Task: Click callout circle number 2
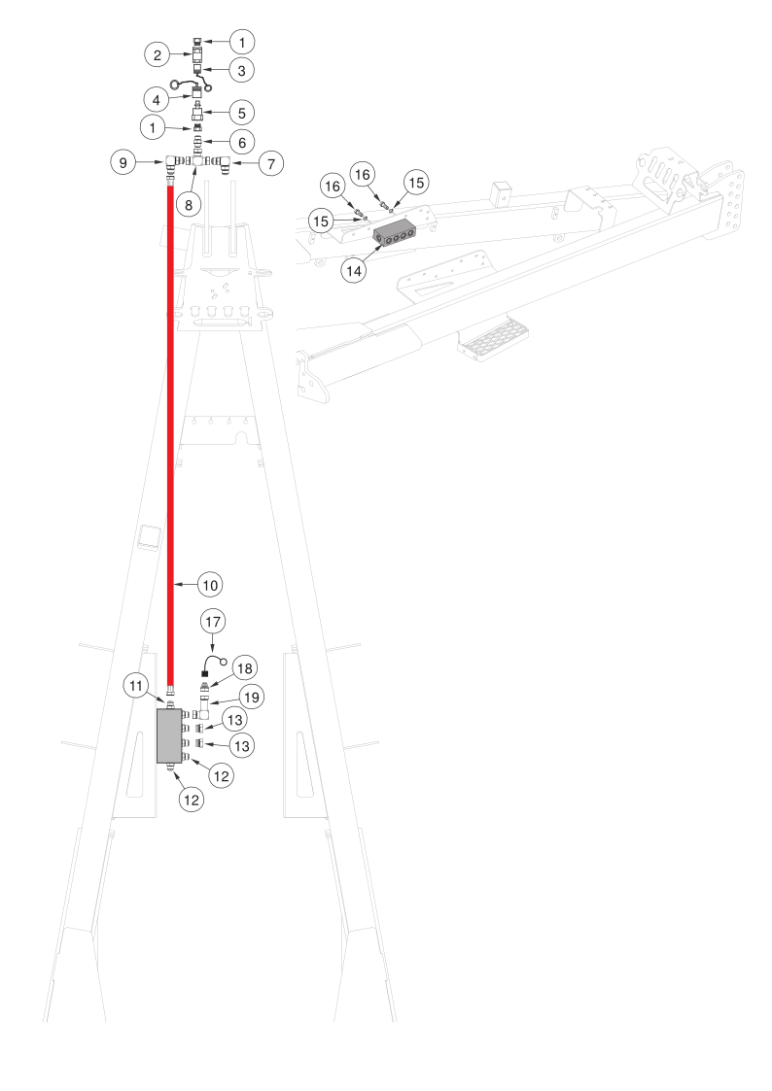158,55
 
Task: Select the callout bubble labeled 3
242,70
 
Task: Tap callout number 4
158,99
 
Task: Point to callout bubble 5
242,112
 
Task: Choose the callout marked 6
242,140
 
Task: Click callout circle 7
270,162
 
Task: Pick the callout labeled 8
189,204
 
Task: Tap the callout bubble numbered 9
123,162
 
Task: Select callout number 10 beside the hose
210,585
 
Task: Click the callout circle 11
137,686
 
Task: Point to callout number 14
354,271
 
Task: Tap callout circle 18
244,668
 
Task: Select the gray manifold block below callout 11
169,735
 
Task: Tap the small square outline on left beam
148,536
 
